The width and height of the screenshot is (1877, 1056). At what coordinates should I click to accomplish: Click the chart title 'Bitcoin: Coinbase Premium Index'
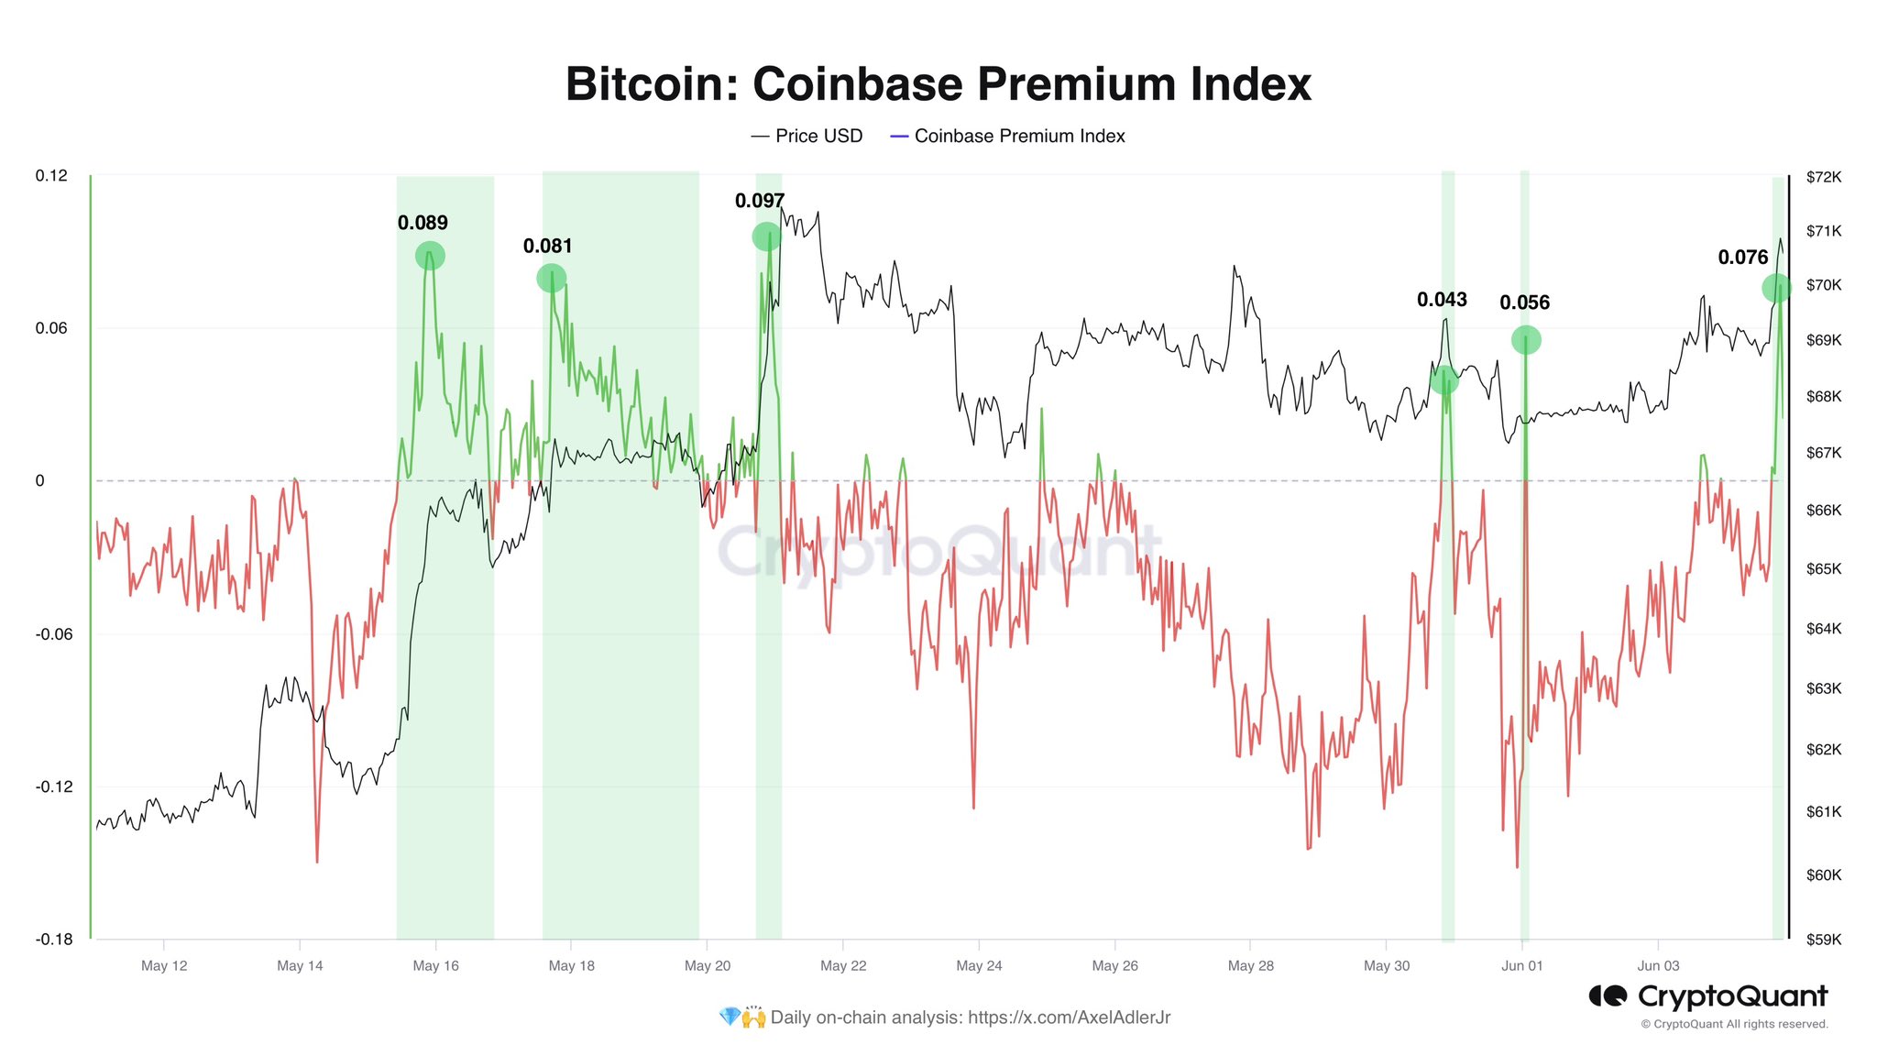tap(938, 84)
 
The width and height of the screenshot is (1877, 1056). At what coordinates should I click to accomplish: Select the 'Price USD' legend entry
tap(807, 136)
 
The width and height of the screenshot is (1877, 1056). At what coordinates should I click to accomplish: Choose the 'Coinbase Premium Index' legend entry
tap(1008, 136)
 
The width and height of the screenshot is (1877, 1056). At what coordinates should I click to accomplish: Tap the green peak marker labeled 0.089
tap(430, 256)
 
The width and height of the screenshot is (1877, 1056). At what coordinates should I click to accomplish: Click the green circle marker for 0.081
tap(551, 278)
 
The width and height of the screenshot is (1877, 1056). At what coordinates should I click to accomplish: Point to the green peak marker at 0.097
tap(766, 236)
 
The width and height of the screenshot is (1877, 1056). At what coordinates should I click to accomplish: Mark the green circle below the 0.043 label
tap(1443, 379)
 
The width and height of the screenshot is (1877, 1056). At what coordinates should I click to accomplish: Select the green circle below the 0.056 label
tap(1526, 340)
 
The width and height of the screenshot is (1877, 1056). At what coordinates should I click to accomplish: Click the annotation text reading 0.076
tap(1742, 258)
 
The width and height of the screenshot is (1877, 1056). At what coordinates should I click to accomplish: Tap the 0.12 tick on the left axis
tap(51, 176)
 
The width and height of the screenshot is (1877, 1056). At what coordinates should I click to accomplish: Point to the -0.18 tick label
tap(54, 940)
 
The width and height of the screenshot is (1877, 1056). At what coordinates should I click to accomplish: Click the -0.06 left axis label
tap(54, 634)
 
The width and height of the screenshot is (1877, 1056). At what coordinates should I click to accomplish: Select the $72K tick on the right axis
tap(1823, 178)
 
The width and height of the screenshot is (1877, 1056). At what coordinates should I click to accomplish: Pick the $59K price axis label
tap(1823, 940)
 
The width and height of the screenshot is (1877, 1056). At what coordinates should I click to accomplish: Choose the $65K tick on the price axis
tap(1823, 569)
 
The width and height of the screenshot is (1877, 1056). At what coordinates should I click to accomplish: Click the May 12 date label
tap(164, 966)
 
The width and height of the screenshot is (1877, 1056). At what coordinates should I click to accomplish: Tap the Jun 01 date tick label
tap(1522, 966)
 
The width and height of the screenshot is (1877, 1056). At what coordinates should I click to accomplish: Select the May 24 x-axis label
tap(979, 966)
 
